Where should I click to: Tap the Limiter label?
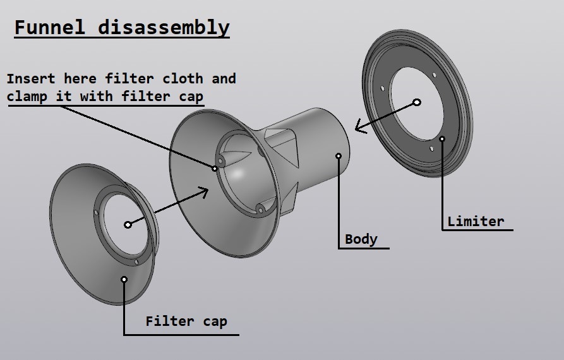(x=476, y=221)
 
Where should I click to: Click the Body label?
(x=361, y=239)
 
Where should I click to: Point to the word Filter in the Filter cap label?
(x=168, y=321)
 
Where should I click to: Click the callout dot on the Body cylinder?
(x=339, y=154)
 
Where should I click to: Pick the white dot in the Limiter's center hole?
(x=417, y=102)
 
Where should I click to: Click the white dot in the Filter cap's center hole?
(x=128, y=224)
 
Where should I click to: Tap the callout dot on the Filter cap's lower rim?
(x=124, y=279)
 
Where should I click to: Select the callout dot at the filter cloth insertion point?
(x=215, y=168)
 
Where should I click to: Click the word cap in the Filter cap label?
(x=215, y=321)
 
